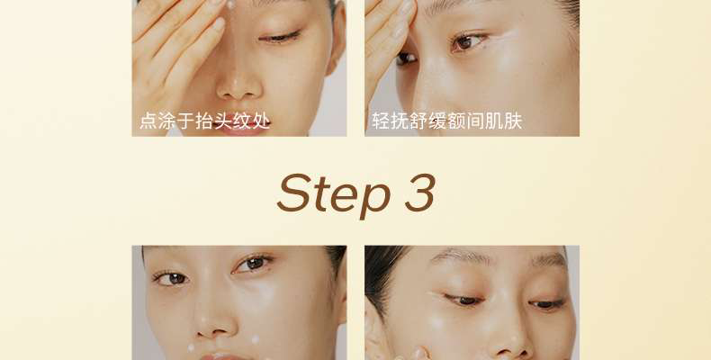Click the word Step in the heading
pos(334,193)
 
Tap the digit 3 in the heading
pos(420,193)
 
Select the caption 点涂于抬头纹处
pos(205,121)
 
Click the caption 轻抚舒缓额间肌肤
pos(447,121)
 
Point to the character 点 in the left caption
pos(148,121)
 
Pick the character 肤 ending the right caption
pos(513,121)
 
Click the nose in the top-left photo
pos(239,82)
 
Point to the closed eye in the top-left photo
pos(279,37)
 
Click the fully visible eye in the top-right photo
pos(467,42)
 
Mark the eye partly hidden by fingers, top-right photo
pos(406,58)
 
